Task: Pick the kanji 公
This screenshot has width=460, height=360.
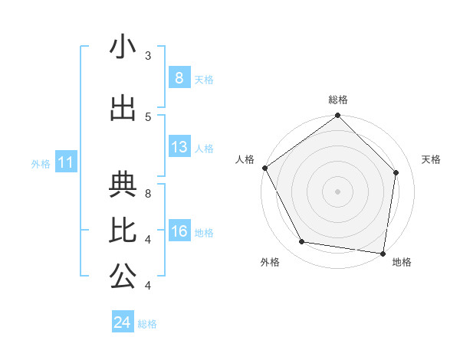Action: [x=123, y=277]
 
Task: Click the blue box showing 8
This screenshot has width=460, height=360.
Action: [x=179, y=77]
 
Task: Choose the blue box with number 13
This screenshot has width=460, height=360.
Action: [x=179, y=147]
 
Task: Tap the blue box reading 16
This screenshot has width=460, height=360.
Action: [x=179, y=231]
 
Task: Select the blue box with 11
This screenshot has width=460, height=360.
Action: [x=65, y=162]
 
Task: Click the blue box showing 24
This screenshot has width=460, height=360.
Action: [x=123, y=322]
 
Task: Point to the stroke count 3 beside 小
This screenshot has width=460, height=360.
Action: [x=148, y=56]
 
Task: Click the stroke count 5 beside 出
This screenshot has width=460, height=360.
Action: [x=148, y=116]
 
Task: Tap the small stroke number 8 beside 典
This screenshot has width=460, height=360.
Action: [x=148, y=194]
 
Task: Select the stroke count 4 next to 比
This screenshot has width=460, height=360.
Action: [x=148, y=240]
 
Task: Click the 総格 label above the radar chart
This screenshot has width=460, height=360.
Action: [x=337, y=100]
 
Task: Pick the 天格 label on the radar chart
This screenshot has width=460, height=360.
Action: [x=432, y=159]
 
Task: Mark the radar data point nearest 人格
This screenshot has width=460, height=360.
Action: [x=264, y=168]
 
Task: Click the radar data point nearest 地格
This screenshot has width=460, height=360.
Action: [x=383, y=253]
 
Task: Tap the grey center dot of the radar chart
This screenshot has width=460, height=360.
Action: [x=337, y=191]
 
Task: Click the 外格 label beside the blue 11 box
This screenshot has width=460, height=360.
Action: [x=40, y=163]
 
